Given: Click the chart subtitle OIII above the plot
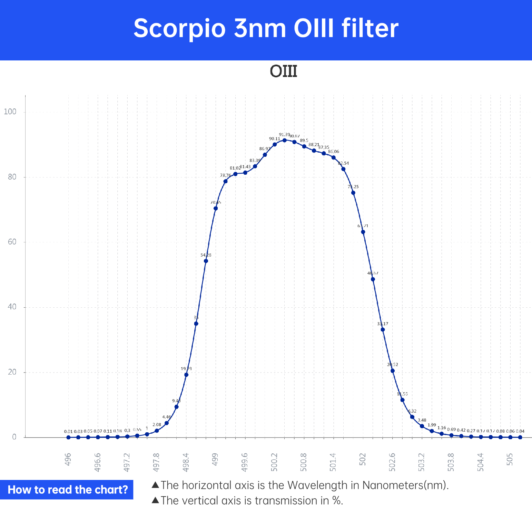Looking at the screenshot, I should [x=283, y=71].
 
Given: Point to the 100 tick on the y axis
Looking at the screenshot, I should [x=10, y=112].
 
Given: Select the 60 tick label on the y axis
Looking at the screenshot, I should [x=12, y=242].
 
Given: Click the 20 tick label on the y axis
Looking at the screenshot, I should [x=12, y=372].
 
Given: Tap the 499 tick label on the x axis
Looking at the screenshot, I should [x=215, y=459].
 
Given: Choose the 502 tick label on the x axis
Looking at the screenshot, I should [x=363, y=459].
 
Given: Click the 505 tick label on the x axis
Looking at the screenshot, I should [x=510, y=459].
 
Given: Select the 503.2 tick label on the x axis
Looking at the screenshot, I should [x=421, y=462].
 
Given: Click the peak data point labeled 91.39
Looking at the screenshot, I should [x=285, y=140].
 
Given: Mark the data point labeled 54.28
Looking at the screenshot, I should [x=206, y=261].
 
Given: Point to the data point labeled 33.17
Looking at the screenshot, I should [x=383, y=330].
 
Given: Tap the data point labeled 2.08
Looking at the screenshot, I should [x=157, y=431].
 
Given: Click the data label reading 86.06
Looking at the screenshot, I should [x=334, y=152].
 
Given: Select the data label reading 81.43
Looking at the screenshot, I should [x=245, y=167].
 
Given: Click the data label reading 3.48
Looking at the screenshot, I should [x=422, y=420].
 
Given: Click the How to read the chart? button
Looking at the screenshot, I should [x=67, y=490].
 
